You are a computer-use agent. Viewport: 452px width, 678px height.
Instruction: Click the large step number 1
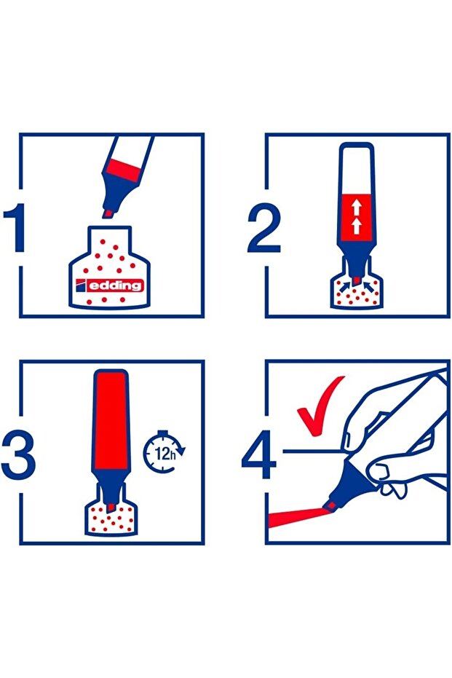coord(15,228)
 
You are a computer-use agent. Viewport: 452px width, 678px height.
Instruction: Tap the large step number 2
coord(264,228)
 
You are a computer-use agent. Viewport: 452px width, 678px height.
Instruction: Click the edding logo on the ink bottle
coord(109,285)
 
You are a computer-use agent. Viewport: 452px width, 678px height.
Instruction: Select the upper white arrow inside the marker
coord(356,208)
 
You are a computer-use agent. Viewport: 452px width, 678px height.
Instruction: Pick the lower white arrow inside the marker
coord(356,226)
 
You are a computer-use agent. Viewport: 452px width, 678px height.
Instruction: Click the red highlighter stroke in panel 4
coord(298,517)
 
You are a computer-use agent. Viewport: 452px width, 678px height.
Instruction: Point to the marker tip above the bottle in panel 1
coord(107,213)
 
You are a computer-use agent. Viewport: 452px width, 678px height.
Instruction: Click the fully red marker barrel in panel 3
coord(111,421)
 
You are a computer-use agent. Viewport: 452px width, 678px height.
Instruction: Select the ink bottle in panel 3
coord(111,517)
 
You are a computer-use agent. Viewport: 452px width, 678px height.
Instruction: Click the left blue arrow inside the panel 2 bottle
coord(344,285)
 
